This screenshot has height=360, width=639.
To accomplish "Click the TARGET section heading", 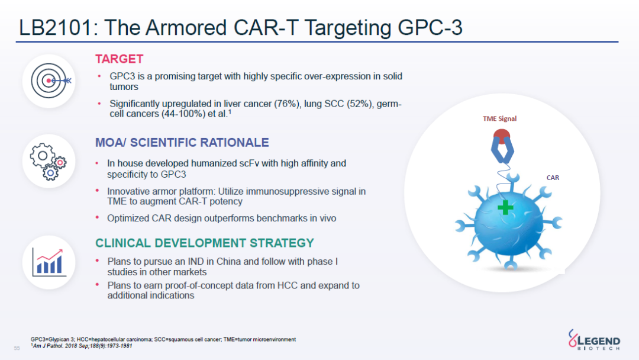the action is point(119,59).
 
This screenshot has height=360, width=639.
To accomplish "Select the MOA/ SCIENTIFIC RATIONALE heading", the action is point(182,142).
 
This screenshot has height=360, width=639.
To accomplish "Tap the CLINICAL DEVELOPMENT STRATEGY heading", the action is point(205,243).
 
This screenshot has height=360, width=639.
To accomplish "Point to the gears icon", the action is point(48,162).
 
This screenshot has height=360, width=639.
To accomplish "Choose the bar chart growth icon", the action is point(49,262).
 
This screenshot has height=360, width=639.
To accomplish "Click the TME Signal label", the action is point(499,118).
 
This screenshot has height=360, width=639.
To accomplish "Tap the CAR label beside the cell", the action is point(553,178).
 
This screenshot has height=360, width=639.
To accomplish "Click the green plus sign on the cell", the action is point(505,207).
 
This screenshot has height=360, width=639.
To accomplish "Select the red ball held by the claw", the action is point(502,135).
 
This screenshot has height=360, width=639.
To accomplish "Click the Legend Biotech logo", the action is point(594,340).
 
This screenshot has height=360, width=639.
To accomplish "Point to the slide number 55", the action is point(17,348).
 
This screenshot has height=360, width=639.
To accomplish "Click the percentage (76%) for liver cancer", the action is point(287,104).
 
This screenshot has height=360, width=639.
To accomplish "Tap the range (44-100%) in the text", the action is point(183,114).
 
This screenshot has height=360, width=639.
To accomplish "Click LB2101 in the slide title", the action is point(56,28).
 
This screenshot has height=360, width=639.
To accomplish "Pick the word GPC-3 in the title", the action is point(430,28).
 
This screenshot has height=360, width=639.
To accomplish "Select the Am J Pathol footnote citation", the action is point(82,346).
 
